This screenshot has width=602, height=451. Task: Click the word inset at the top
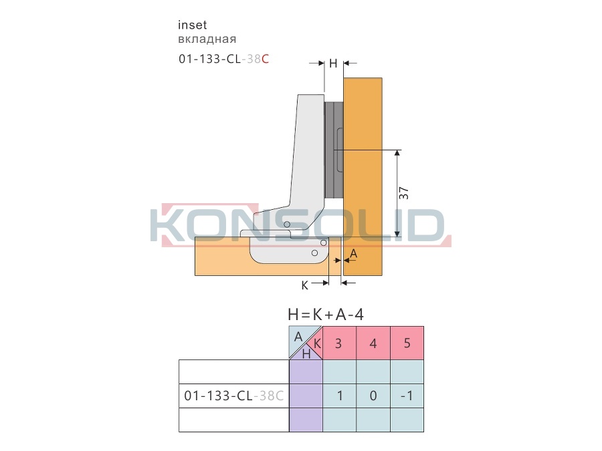coord(193,25)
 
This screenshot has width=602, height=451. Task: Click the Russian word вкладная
coord(207,39)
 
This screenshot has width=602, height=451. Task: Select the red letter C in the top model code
coord(265,59)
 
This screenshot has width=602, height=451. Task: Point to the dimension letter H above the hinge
coord(333,63)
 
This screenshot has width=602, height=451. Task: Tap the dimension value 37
coord(404,193)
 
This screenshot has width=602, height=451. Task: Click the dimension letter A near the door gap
coord(354,253)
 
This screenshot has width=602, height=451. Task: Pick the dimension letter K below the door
coord(304,285)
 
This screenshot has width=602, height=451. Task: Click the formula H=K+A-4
coord(326,315)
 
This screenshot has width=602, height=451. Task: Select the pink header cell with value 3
coord(339,343)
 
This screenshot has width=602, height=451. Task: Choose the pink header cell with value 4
coord(373,343)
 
